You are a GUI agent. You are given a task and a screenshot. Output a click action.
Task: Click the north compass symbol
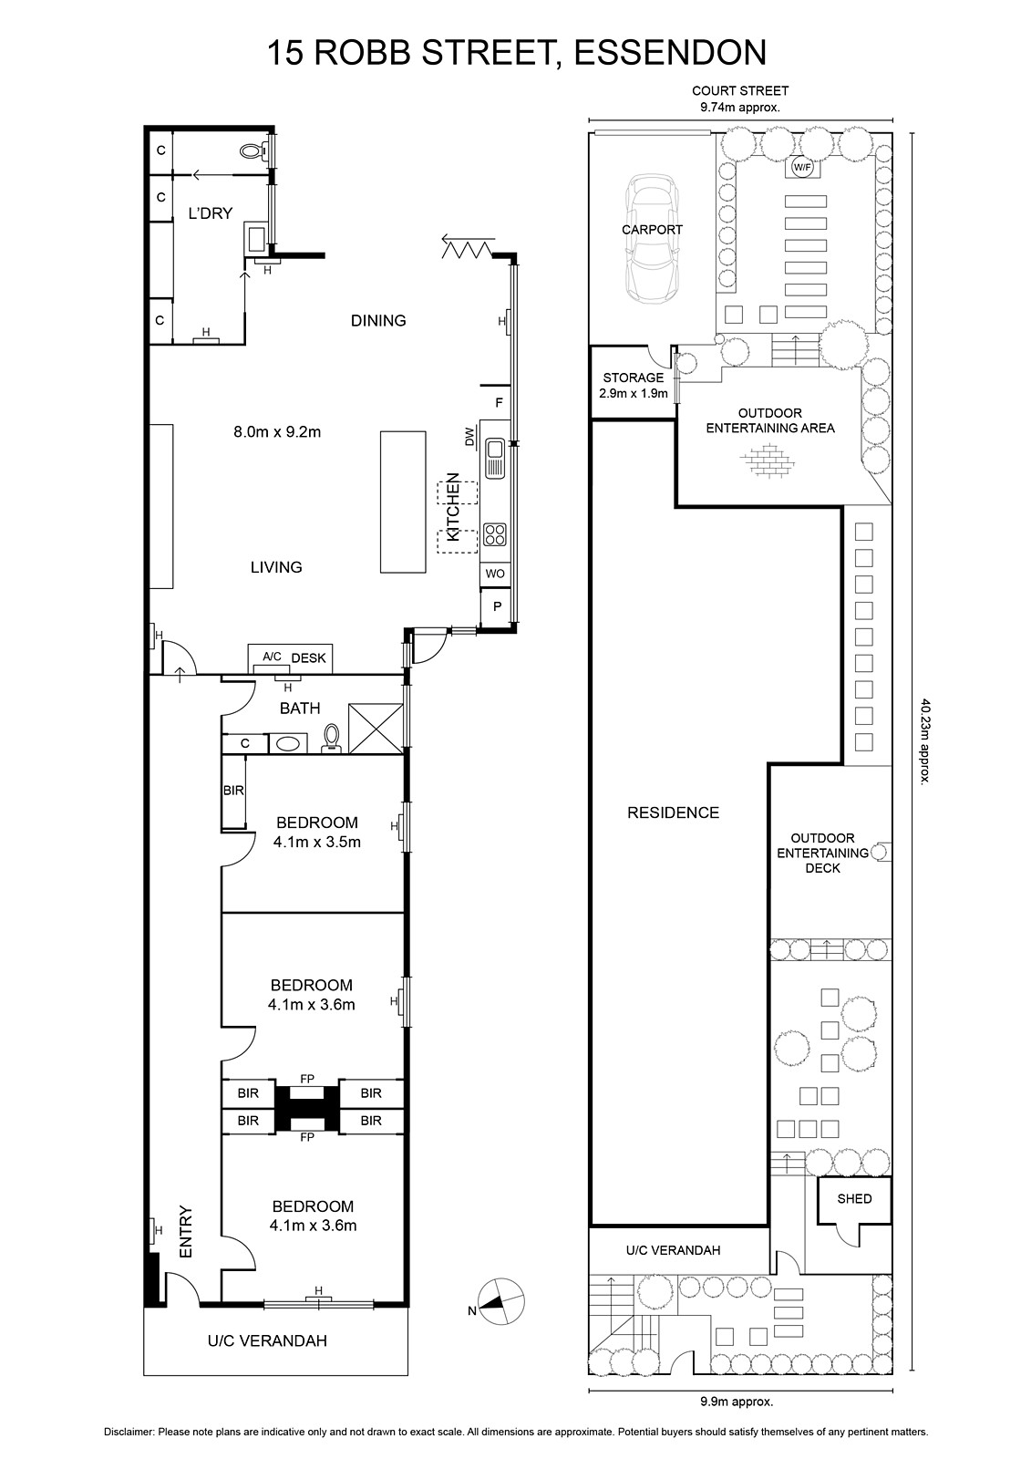coord(500,1300)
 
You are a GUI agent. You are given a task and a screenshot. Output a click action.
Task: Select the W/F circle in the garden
coord(802,168)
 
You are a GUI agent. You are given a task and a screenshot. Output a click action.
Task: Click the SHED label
coord(854,1198)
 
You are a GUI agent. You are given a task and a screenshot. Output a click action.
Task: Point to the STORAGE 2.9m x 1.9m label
coord(633,385)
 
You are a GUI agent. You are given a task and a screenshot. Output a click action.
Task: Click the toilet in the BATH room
coord(332,739)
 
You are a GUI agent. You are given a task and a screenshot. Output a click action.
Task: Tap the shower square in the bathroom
coord(376,728)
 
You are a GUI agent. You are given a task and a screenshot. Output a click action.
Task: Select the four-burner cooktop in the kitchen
coord(495,534)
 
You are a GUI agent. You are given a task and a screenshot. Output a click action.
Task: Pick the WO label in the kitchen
coord(495,574)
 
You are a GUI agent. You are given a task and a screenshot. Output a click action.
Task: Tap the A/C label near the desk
coord(272,657)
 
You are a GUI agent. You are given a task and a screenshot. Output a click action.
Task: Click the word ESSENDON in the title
coord(670,53)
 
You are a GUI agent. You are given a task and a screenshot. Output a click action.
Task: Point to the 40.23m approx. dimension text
coord(924,741)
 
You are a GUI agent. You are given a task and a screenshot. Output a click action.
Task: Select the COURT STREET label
coord(740,91)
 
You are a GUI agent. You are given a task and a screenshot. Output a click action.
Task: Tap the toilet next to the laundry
coord(253,151)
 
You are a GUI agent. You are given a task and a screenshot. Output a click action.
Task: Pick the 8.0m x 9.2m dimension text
coord(277,431)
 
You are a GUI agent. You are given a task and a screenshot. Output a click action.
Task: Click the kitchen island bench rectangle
coord(403,502)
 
